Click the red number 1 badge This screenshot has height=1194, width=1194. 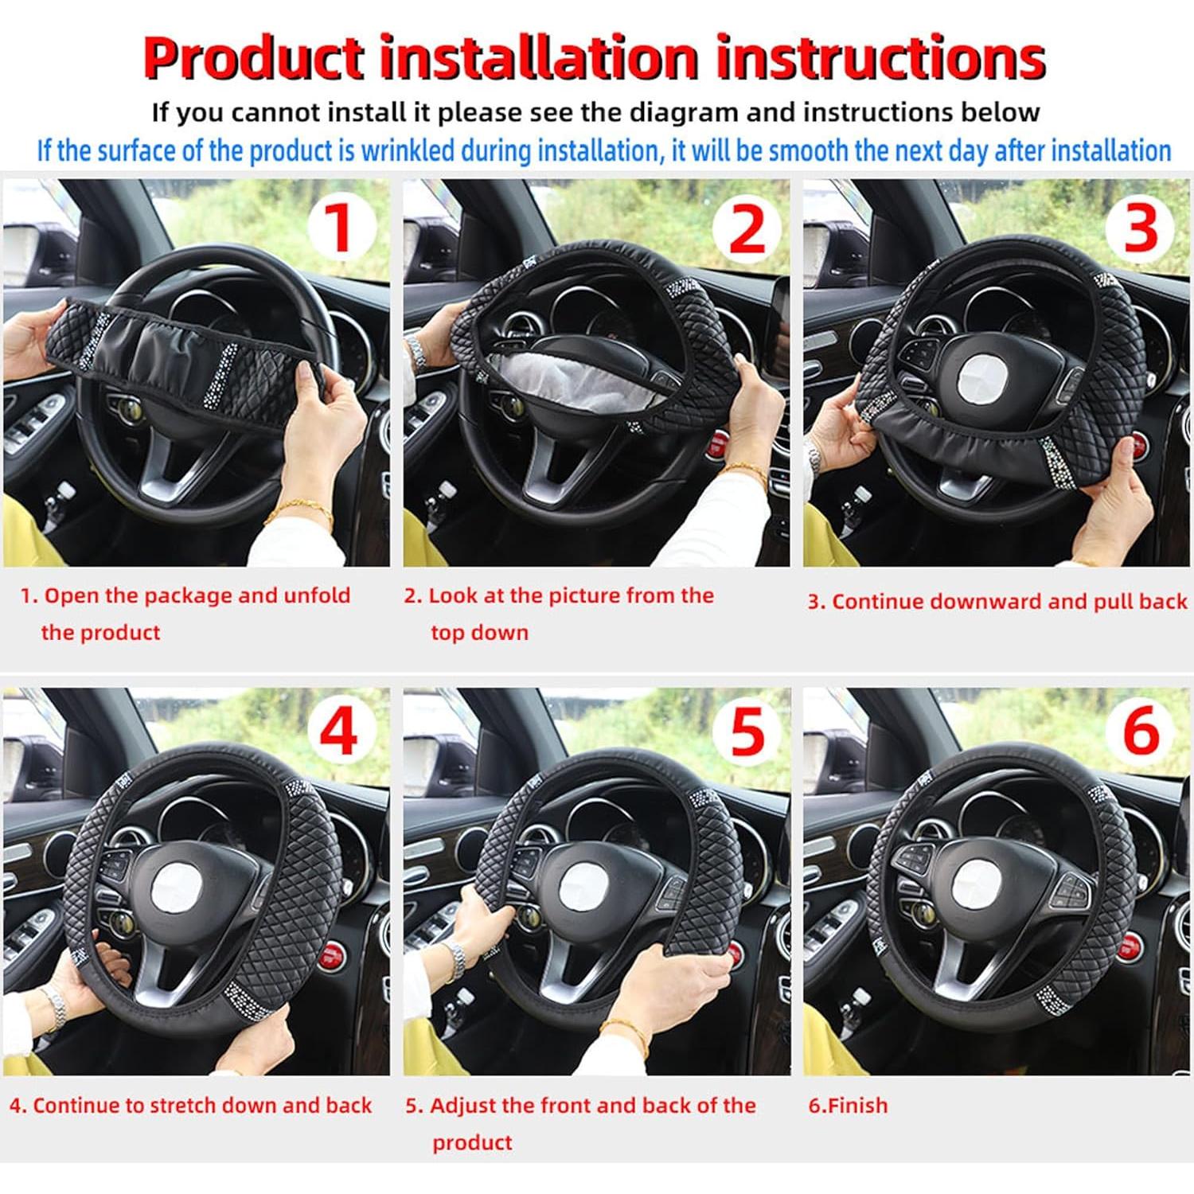(341, 226)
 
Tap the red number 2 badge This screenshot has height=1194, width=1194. (747, 226)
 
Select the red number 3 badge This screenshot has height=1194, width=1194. (1141, 226)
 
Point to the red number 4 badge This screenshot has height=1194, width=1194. (339, 733)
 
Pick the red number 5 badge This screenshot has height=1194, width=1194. (747, 733)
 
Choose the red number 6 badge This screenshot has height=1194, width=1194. (1141, 732)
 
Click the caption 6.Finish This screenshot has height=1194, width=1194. (848, 1105)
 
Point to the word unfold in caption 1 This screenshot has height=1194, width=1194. (312, 595)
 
